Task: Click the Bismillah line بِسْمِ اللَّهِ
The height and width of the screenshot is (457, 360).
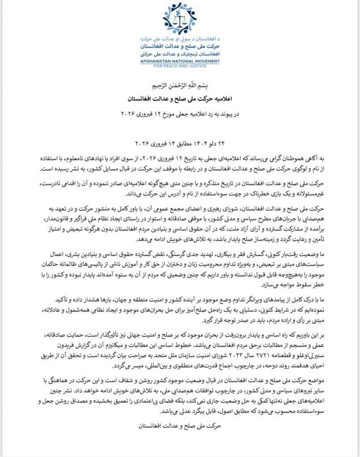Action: pos(180,85)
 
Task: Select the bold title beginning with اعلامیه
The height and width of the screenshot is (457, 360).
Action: pos(180,97)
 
